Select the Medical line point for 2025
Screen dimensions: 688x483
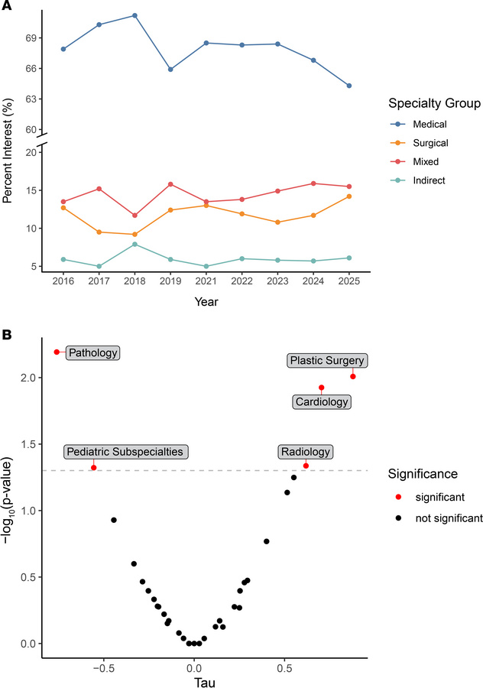348,86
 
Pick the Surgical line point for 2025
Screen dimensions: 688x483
348,196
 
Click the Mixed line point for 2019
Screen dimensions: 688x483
170,184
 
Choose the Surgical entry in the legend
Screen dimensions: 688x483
421,142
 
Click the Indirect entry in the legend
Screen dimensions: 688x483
421,180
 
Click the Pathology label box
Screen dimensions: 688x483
92,352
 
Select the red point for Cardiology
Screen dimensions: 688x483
322,388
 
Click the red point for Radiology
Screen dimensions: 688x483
306,466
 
